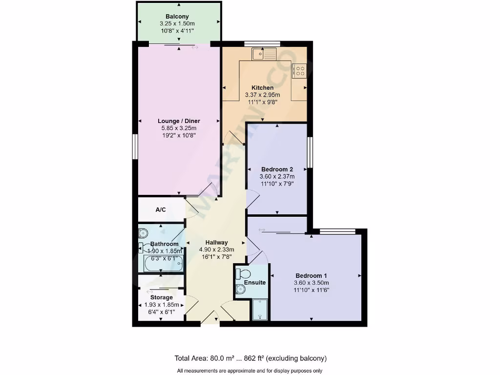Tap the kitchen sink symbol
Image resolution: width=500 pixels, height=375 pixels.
pos(264,53)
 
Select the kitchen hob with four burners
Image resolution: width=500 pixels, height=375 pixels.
pos(299,71)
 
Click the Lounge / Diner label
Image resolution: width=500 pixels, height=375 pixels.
pos(179,121)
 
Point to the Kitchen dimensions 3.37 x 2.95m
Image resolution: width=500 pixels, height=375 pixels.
pos(262,95)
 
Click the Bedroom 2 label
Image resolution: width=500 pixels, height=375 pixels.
pos(277,169)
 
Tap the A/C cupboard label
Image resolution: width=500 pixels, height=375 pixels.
pos(161,210)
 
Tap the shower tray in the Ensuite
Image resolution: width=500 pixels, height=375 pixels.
pos(260,310)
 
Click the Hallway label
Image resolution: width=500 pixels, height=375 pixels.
pos(216,242)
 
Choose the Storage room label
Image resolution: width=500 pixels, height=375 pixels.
pos(161,297)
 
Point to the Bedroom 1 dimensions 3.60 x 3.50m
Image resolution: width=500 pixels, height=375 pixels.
pos(312,283)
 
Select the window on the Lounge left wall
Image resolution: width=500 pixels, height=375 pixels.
pos(135,146)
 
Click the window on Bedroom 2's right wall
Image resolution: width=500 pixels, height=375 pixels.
pos(309,153)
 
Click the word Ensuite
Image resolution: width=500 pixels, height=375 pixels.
pos(255,283)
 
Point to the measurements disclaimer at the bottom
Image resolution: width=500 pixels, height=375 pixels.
pos(250,370)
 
